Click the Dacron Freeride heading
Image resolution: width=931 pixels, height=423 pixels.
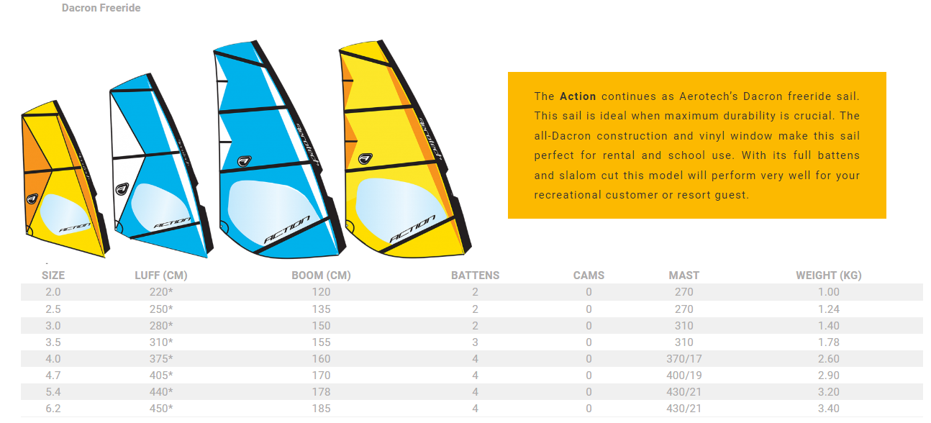coord(101,8)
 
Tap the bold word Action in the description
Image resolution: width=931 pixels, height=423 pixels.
coord(578,96)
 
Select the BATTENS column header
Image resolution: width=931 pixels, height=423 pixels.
coord(475,276)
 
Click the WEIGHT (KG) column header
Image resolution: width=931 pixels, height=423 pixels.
coord(828,276)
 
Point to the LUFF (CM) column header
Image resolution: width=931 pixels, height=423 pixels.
coord(161,276)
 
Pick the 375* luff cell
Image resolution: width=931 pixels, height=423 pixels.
coord(161,358)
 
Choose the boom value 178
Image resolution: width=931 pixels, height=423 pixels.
coord(322,392)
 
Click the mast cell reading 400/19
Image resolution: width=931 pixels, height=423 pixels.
coord(684,376)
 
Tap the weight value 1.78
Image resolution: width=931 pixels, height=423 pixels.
coord(828,342)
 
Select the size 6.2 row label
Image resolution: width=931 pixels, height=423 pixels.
coord(53,409)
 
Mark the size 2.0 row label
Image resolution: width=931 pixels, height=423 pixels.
coord(53,292)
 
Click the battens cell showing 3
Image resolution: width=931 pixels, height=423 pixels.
coord(475,342)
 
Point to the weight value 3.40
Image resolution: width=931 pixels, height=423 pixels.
coord(828,409)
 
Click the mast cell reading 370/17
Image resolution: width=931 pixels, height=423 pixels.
coord(684,358)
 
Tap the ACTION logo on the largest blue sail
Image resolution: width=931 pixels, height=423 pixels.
coord(287,229)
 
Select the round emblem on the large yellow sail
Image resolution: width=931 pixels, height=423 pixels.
coord(365,158)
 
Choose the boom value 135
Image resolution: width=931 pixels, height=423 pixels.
coord(322,309)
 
